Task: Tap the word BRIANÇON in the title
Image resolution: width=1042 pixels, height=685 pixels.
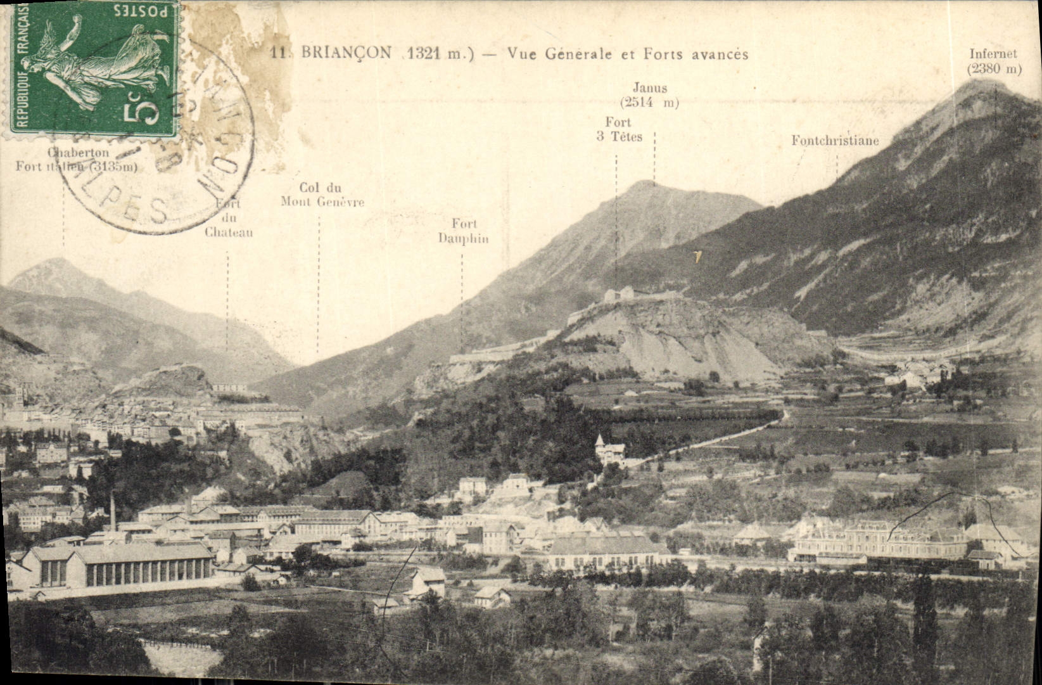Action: tap(346, 53)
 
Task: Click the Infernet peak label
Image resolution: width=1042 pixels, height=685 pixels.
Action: tap(993, 61)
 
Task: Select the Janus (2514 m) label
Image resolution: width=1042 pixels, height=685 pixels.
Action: tap(649, 95)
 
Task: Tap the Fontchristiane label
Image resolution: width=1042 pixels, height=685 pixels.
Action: tap(835, 140)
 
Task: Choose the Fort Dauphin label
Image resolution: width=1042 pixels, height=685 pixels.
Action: tap(463, 231)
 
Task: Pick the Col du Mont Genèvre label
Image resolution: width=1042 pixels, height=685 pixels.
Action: tap(322, 195)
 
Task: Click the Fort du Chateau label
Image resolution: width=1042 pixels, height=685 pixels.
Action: tap(229, 219)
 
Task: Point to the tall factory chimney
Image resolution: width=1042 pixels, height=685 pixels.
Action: tap(113, 511)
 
